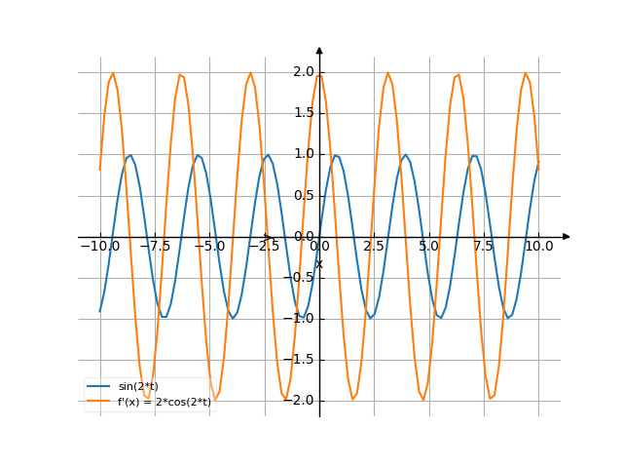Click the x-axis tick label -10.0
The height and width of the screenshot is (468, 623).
[99, 247]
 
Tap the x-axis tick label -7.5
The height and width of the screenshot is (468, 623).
[154, 247]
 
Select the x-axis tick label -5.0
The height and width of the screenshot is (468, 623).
[209, 247]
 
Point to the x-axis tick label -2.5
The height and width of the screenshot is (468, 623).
[264, 247]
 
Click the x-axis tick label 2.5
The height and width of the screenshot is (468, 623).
[374, 247]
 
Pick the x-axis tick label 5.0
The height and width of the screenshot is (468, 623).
[428, 247]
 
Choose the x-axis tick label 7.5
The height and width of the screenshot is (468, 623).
[484, 247]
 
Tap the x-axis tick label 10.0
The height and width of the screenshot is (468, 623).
[538, 247]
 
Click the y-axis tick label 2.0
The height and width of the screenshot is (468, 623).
[303, 72]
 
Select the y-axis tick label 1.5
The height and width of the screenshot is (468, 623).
[303, 113]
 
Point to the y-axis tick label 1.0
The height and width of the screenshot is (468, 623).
[303, 154]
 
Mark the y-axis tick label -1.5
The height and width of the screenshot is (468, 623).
[300, 360]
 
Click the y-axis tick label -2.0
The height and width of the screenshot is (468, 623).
[300, 401]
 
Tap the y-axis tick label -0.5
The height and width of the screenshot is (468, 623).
[300, 278]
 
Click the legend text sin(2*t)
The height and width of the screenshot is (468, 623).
[138, 387]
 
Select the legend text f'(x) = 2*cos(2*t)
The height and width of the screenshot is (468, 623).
[165, 402]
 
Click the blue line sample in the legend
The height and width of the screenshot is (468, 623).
[98, 387]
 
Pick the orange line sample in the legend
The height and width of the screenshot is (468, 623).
[98, 402]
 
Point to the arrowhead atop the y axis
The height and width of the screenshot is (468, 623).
[319, 49]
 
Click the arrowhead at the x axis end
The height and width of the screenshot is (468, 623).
[567, 237]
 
